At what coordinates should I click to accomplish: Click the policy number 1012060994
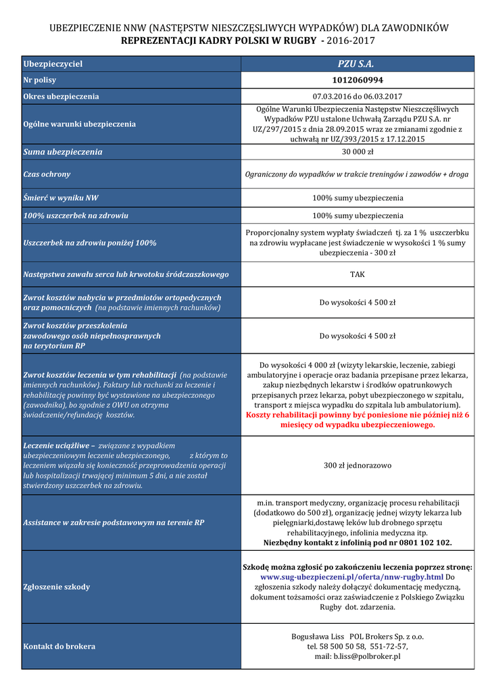coord(357,80)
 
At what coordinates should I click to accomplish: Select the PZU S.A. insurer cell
coord(357,64)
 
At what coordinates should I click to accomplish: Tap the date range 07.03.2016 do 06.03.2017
coord(357,96)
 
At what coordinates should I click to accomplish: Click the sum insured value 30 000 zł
coord(357,151)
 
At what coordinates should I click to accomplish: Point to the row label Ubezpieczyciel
coord(53,64)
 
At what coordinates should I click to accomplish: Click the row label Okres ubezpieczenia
coord(61,96)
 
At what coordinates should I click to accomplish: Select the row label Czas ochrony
coord(47,174)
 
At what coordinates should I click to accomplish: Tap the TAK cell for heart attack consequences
coord(357,274)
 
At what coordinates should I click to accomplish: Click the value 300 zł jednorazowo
coord(357,466)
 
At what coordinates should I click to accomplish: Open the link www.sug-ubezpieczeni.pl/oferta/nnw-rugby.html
coord(352,577)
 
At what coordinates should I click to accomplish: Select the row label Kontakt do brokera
coord(59,646)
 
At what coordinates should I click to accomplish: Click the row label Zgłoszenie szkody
coord(56,587)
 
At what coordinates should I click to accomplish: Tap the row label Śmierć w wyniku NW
coord(61,198)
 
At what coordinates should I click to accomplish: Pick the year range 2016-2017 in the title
coord(351,41)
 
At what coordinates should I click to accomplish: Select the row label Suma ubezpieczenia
coord(63,152)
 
